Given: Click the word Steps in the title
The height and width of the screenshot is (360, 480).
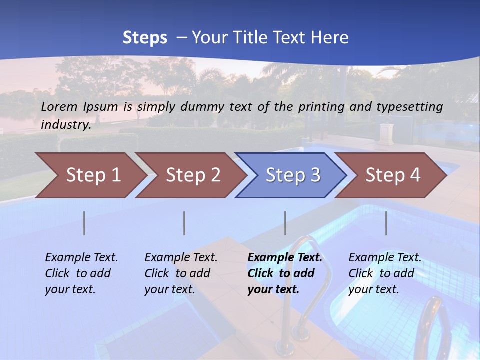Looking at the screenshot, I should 145,38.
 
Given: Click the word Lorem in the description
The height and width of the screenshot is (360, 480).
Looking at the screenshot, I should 59,106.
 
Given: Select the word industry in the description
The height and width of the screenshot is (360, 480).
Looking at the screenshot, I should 65,124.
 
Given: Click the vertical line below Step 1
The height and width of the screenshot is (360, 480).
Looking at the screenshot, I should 84,223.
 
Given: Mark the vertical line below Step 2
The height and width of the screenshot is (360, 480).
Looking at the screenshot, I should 184,223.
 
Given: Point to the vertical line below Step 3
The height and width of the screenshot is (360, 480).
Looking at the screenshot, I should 285,223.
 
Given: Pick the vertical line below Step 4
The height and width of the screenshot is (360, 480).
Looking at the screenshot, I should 386,223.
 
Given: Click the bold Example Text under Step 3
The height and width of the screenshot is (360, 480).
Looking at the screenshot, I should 285,257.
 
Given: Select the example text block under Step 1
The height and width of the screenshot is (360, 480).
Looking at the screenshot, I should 81,273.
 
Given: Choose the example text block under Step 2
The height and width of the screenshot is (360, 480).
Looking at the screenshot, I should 181,273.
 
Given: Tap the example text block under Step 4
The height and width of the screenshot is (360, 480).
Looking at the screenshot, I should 385,273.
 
